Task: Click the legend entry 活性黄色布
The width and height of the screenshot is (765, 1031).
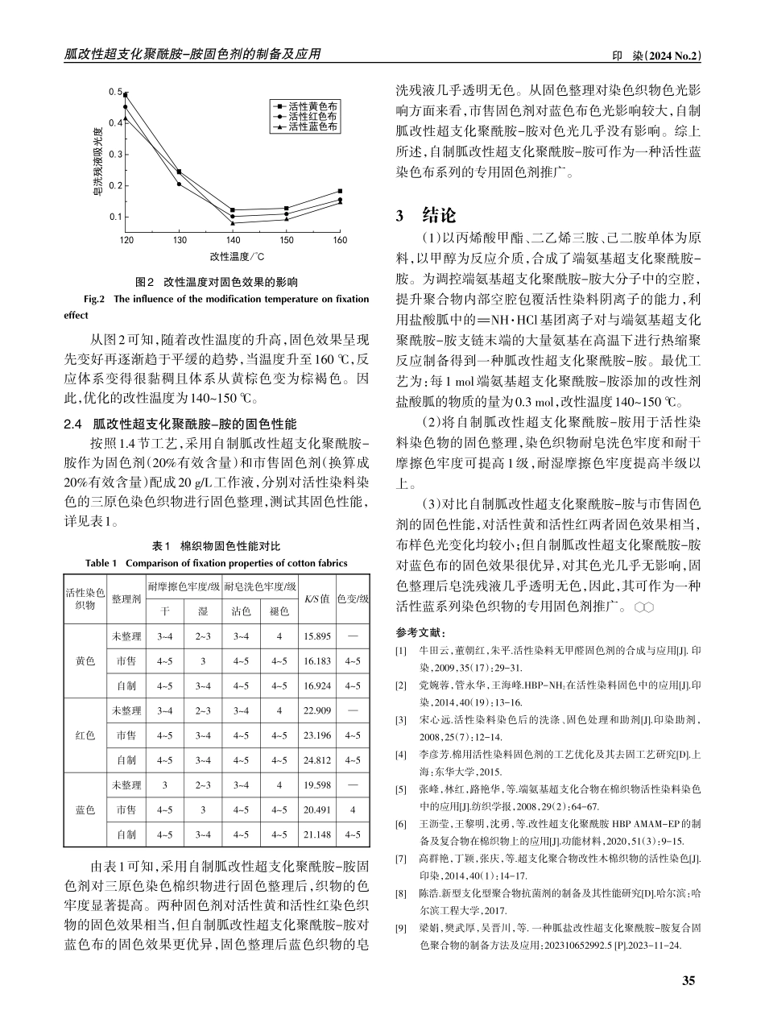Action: (312, 106)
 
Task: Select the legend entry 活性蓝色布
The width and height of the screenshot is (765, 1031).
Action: (312, 126)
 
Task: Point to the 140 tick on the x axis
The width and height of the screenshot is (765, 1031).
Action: (233, 240)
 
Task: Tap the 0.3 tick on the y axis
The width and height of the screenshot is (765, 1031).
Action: (114, 154)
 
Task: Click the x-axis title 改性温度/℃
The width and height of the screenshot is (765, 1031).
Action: (232, 257)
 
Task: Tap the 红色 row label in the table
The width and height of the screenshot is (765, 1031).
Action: (85, 735)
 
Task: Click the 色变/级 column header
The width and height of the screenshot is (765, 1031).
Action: (352, 598)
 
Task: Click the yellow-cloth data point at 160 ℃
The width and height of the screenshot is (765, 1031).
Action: (340, 191)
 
